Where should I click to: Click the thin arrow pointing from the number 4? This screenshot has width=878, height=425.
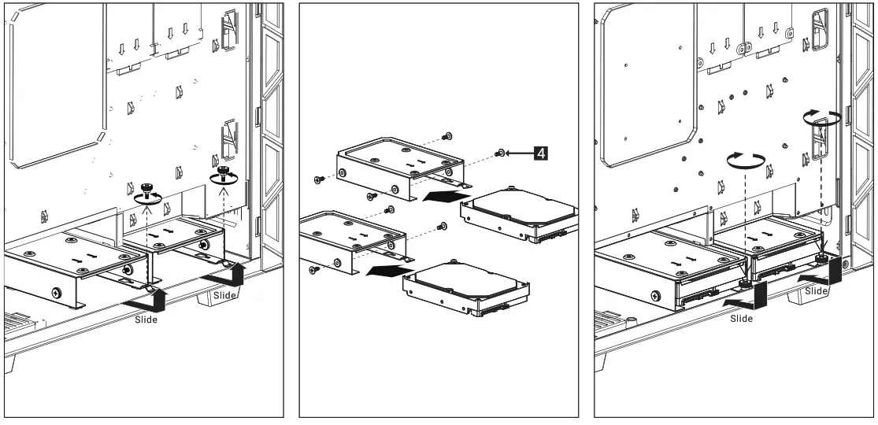[x=519, y=153]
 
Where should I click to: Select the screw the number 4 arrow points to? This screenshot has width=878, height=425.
[x=500, y=153]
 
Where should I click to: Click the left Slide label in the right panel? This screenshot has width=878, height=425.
[x=741, y=318]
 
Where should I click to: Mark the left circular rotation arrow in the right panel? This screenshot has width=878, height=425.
[x=744, y=162]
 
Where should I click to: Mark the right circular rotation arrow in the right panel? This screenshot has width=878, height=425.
[x=821, y=117]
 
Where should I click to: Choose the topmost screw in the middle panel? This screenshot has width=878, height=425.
[x=448, y=135]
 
